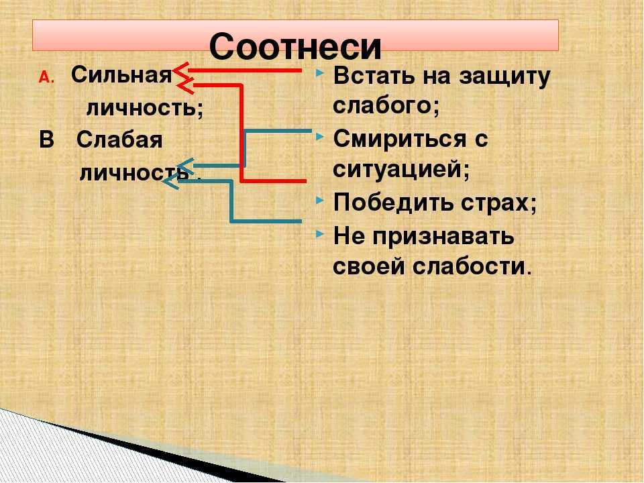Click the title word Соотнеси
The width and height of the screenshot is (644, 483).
click(x=295, y=46)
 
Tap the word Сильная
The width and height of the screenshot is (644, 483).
click(x=121, y=74)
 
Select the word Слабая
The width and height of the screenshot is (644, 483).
click(x=119, y=140)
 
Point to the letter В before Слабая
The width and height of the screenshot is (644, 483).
click(x=46, y=140)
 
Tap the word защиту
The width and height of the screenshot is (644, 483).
click(x=504, y=77)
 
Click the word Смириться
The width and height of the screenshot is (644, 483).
click(x=400, y=140)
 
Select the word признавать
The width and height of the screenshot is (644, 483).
click(x=444, y=237)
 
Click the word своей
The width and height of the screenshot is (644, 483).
click(x=369, y=266)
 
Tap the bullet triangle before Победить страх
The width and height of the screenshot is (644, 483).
click(x=319, y=201)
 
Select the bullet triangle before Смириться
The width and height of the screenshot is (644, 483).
click(x=319, y=136)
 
